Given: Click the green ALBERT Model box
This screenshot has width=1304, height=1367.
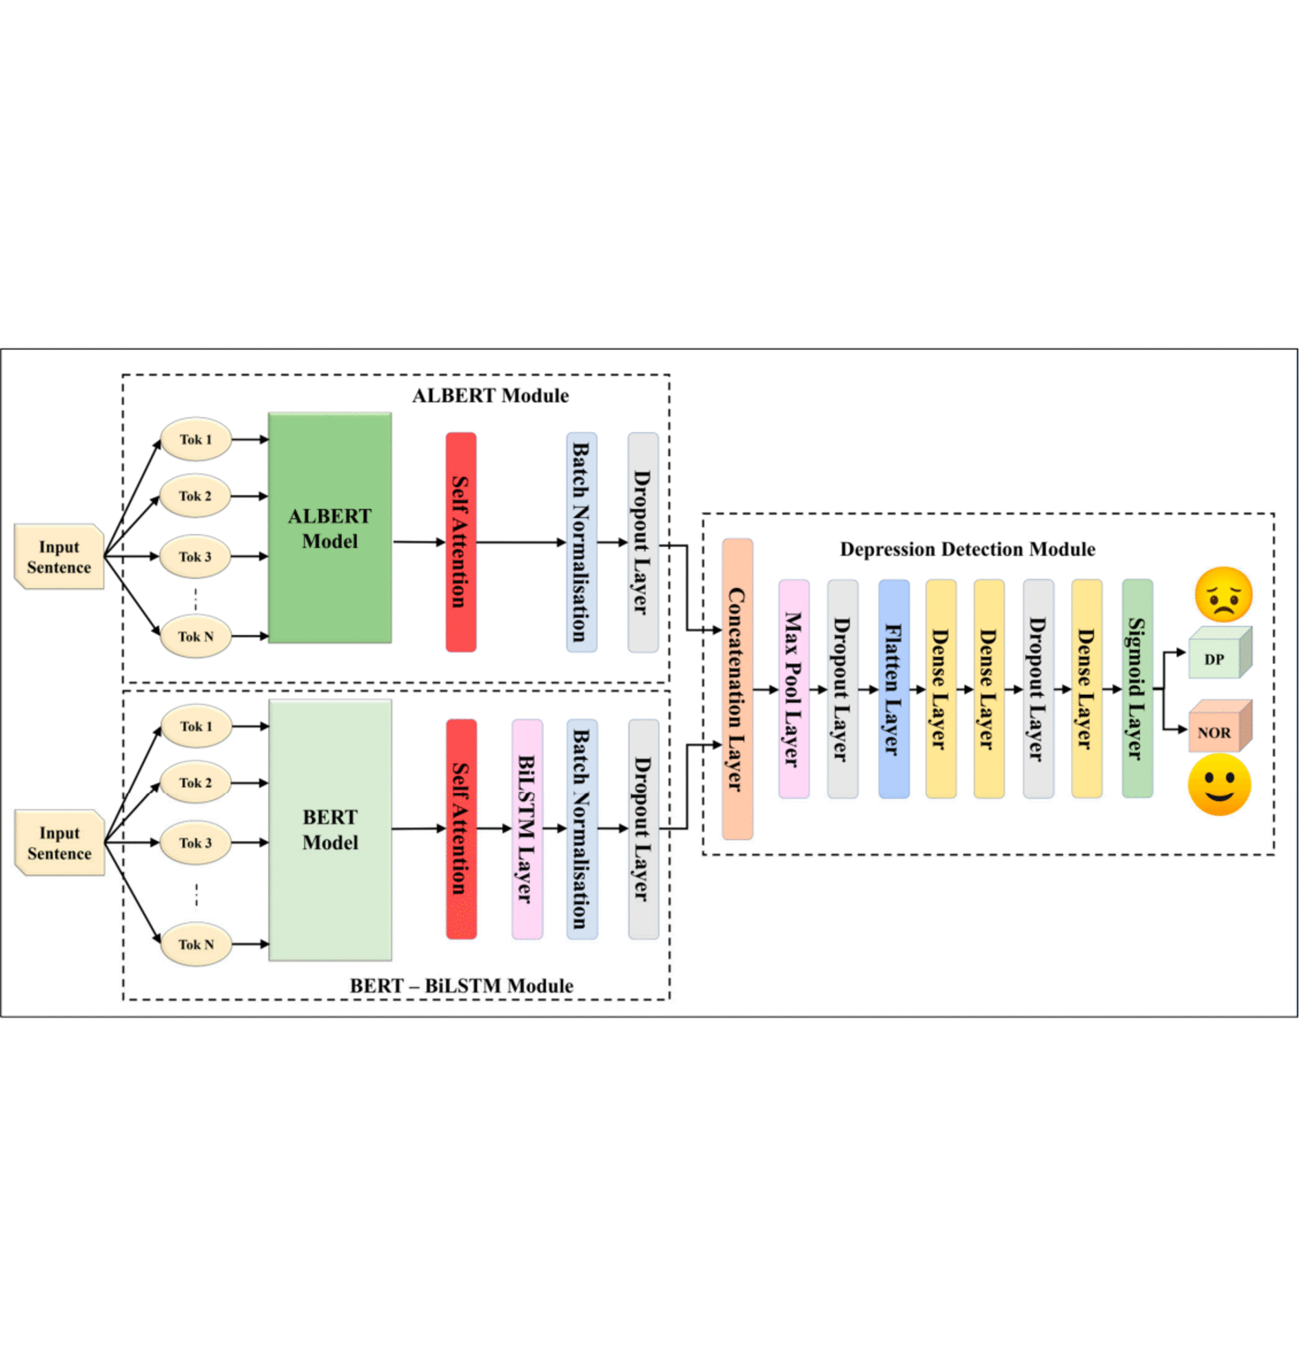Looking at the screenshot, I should tap(329, 528).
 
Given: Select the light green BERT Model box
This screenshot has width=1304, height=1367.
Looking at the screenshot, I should tap(329, 829).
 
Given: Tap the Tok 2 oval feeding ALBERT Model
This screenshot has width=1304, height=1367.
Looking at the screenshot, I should tap(195, 496).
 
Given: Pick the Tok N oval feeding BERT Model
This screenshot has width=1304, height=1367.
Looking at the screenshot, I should tap(195, 944).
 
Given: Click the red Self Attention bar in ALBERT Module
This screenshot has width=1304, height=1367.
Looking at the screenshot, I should tap(461, 542).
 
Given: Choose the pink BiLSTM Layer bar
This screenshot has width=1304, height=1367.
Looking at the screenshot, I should tap(527, 828).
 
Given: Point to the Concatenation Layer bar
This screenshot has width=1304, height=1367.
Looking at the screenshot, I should tap(737, 689).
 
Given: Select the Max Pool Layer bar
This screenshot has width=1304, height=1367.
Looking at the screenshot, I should tap(793, 689).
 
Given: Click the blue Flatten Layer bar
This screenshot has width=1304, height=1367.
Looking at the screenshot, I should tap(893, 689).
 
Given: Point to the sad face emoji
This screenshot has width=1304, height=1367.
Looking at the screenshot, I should tap(1223, 594).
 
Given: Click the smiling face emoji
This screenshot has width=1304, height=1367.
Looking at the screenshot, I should tap(1219, 786).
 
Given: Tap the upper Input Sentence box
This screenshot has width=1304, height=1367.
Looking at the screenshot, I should tap(59, 556).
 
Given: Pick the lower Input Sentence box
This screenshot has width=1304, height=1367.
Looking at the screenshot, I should tap(59, 842).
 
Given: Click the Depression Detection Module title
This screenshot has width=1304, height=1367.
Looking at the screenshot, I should tap(967, 550).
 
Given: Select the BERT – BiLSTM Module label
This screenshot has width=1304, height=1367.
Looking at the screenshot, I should tap(461, 985).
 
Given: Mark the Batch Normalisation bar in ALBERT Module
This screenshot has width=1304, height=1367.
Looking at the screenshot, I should tap(581, 542).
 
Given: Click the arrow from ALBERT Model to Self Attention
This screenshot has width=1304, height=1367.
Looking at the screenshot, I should tap(418, 542).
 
